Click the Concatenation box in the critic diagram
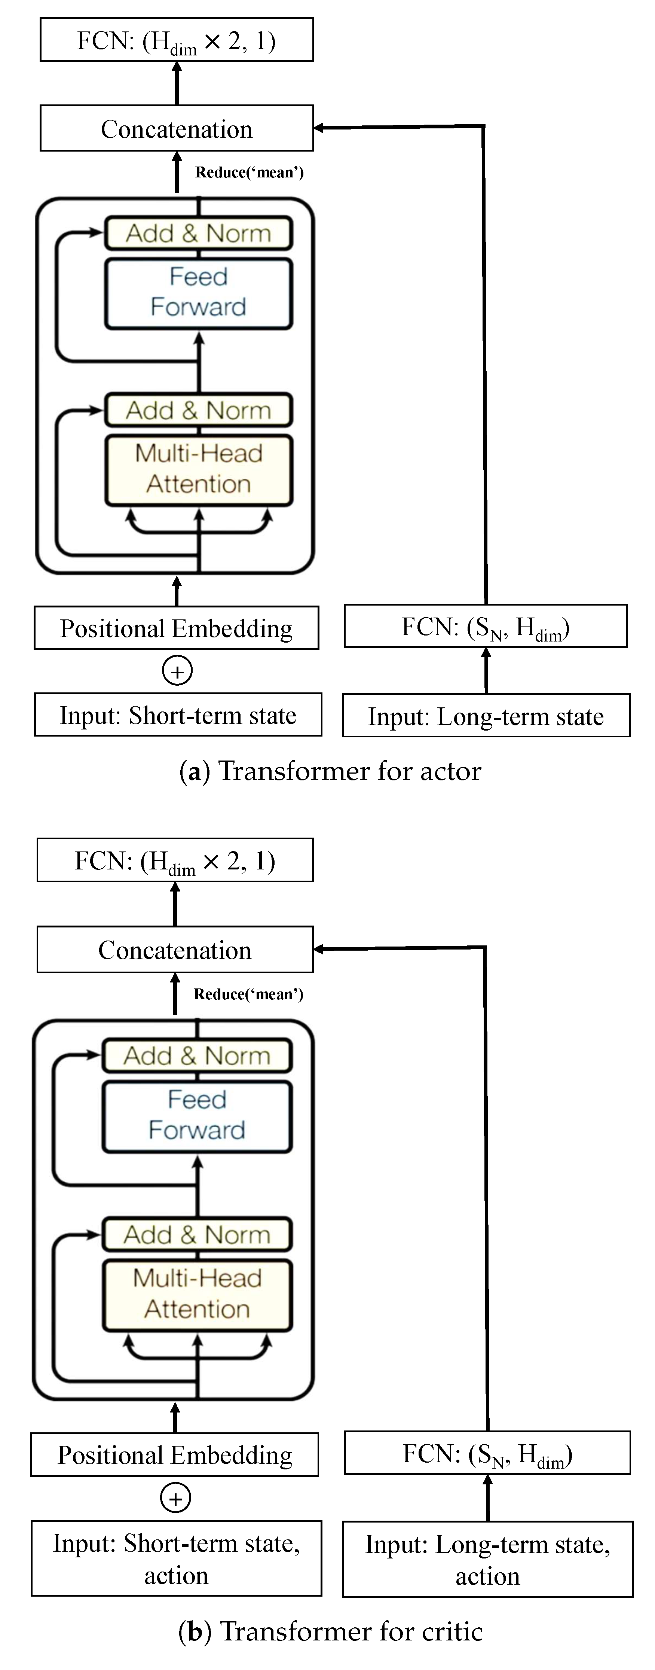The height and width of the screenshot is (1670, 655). (x=175, y=950)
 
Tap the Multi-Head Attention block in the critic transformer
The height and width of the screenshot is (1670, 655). (x=197, y=1294)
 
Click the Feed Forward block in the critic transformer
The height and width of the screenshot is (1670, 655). (x=197, y=1115)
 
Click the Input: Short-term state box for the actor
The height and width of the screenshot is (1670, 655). (x=178, y=715)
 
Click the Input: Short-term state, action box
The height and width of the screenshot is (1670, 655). (x=176, y=1558)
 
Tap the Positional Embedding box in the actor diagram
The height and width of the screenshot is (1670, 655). (x=176, y=628)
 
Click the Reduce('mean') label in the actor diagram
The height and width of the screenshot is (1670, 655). (x=250, y=173)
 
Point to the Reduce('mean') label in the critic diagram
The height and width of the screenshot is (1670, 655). (x=248, y=994)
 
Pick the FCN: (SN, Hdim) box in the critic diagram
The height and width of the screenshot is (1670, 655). (x=487, y=1453)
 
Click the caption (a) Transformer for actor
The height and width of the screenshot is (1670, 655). (x=330, y=771)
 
